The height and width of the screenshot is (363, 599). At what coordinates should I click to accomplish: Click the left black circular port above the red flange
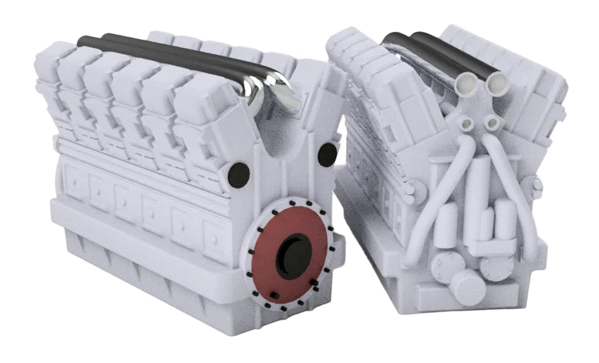238,174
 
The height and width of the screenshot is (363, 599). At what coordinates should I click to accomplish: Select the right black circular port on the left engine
326,154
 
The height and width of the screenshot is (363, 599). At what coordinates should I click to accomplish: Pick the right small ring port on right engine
491,122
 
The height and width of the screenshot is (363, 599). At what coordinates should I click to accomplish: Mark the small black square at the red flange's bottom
273,295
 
